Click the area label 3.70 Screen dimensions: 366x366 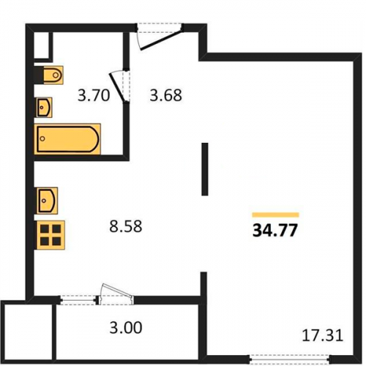94,95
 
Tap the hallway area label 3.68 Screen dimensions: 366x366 165,95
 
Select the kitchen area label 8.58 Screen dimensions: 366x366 126,226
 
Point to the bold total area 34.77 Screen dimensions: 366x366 275,231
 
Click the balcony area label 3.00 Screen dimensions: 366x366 126,327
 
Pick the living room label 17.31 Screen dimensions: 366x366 323,335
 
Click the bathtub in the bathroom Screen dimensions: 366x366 67,139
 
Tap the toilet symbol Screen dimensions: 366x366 53,75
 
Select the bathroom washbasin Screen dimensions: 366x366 44,108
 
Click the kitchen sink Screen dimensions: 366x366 48,201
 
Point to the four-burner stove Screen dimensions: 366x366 51,235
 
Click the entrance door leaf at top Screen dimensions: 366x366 161,40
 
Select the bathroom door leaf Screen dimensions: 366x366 116,87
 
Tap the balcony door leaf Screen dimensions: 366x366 117,290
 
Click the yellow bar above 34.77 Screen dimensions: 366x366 276,214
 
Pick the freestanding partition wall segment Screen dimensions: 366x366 205,169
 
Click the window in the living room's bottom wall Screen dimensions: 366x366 290,359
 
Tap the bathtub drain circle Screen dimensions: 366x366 42,139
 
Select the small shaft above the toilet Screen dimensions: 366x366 41,45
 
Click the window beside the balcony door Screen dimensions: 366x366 78,300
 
